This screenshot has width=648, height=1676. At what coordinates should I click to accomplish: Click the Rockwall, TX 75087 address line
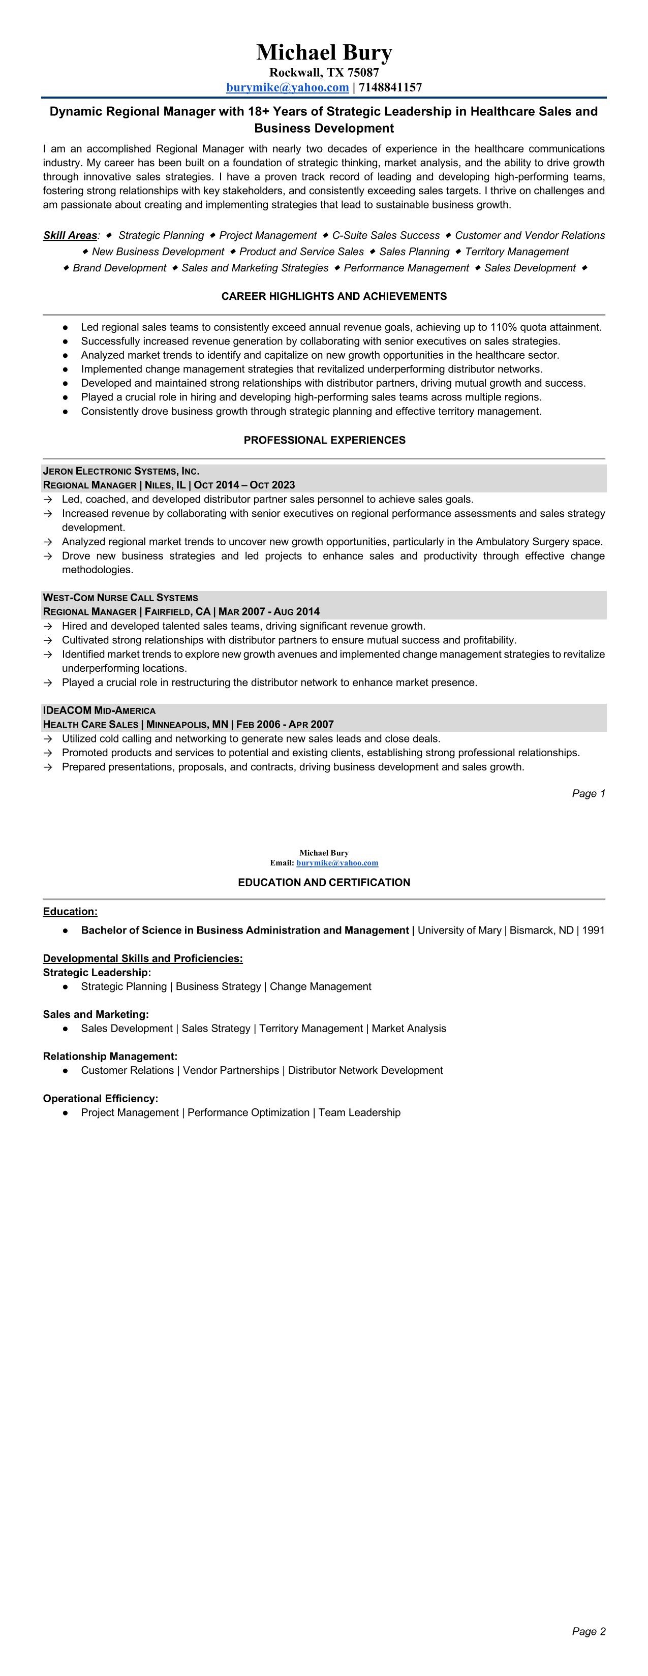tap(324, 72)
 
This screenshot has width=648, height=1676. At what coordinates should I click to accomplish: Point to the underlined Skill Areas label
tap(70, 235)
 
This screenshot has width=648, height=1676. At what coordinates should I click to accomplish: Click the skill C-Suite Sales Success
tap(386, 235)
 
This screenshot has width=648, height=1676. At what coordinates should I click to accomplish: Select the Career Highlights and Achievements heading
tap(334, 297)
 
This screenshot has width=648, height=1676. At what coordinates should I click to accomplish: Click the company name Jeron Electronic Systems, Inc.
tap(121, 471)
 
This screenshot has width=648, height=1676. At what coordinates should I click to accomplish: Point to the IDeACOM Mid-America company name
tap(99, 710)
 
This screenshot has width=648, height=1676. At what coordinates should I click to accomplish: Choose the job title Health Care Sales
tap(90, 725)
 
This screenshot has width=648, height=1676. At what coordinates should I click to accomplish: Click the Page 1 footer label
tap(588, 794)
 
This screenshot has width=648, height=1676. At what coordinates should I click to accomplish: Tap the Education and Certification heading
tap(324, 883)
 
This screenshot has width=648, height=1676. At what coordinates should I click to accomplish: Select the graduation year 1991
tap(593, 930)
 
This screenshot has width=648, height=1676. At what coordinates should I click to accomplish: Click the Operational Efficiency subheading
tap(101, 1098)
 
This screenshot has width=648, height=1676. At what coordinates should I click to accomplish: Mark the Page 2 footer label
tap(588, 1632)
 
